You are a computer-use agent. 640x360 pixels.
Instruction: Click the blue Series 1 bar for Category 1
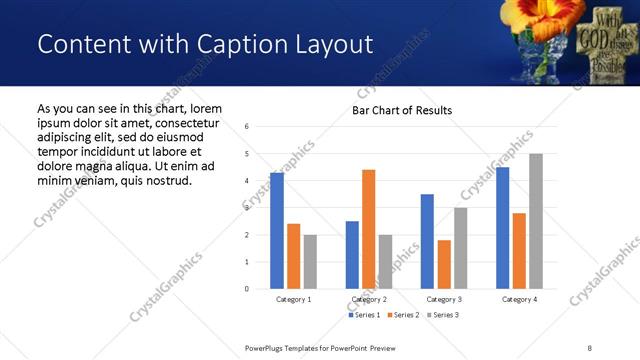[277, 231]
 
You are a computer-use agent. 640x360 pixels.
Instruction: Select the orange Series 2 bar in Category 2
[368, 229]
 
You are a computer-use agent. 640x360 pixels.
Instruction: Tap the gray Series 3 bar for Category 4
[536, 221]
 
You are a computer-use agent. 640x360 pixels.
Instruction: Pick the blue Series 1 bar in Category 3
[427, 241]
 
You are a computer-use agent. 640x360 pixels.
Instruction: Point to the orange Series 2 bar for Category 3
[444, 264]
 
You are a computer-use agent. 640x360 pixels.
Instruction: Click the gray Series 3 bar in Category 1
[310, 262]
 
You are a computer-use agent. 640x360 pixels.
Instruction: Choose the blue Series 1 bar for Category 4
[502, 228]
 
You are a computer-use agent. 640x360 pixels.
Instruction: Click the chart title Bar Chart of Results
[402, 110]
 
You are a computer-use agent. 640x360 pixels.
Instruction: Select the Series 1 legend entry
[364, 315]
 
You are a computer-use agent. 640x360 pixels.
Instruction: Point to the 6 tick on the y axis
[247, 127]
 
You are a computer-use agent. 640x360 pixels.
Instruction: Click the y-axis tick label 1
[247, 262]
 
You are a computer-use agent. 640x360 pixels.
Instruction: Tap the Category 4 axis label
[519, 299]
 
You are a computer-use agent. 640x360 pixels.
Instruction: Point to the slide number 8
[589, 347]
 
